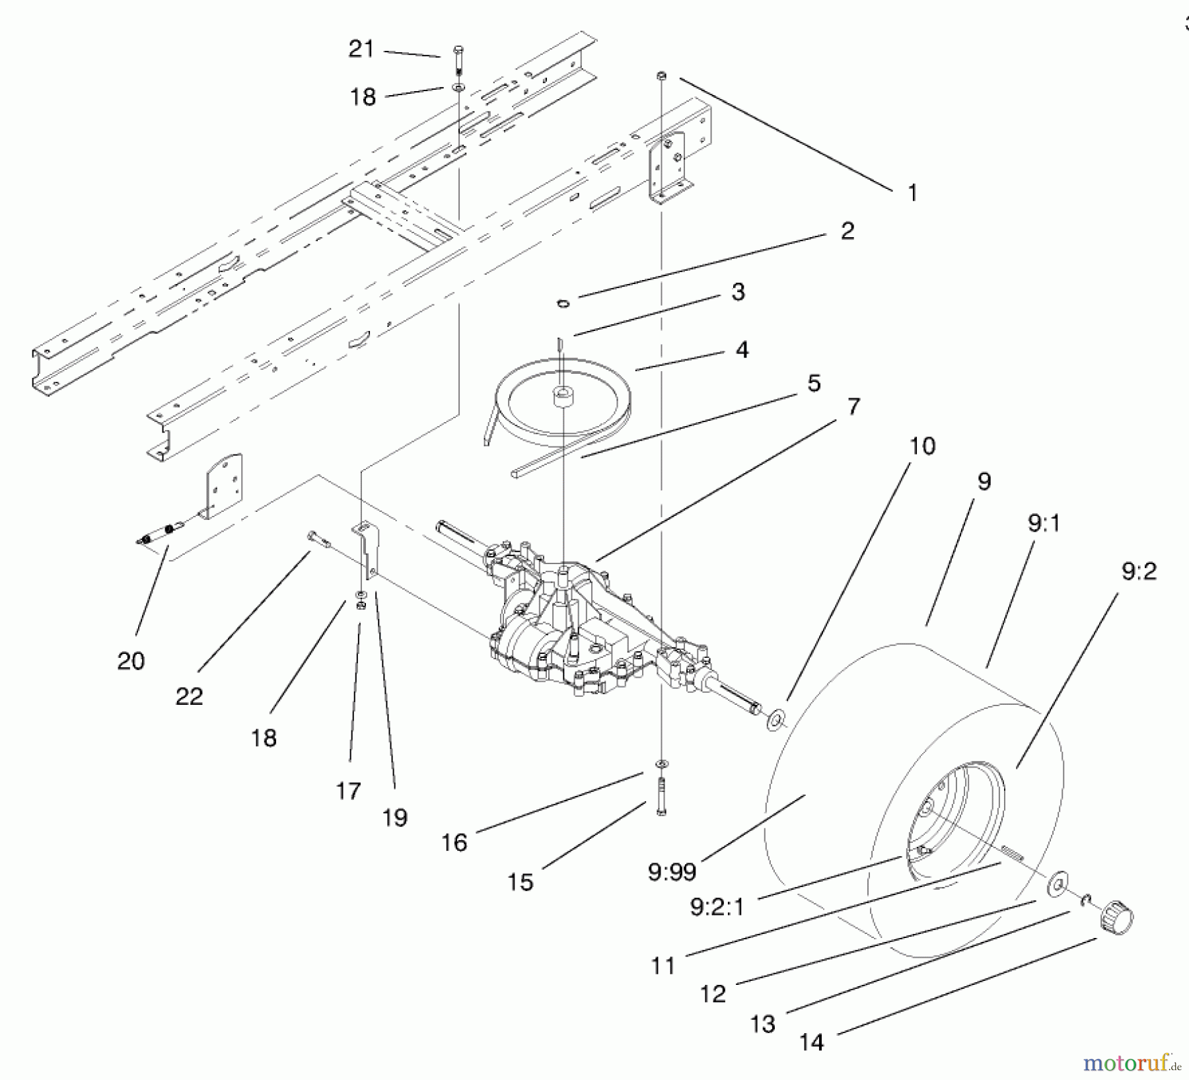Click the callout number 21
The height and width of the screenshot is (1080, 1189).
(361, 50)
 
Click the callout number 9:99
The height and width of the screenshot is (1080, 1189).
(672, 873)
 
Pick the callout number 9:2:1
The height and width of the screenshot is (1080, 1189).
(717, 907)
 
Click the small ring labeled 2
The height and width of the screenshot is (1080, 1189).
(563, 303)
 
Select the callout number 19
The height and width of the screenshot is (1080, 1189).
(394, 818)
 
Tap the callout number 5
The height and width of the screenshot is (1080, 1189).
(814, 383)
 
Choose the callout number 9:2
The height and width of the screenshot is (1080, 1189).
(1139, 571)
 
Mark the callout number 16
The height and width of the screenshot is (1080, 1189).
(454, 842)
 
